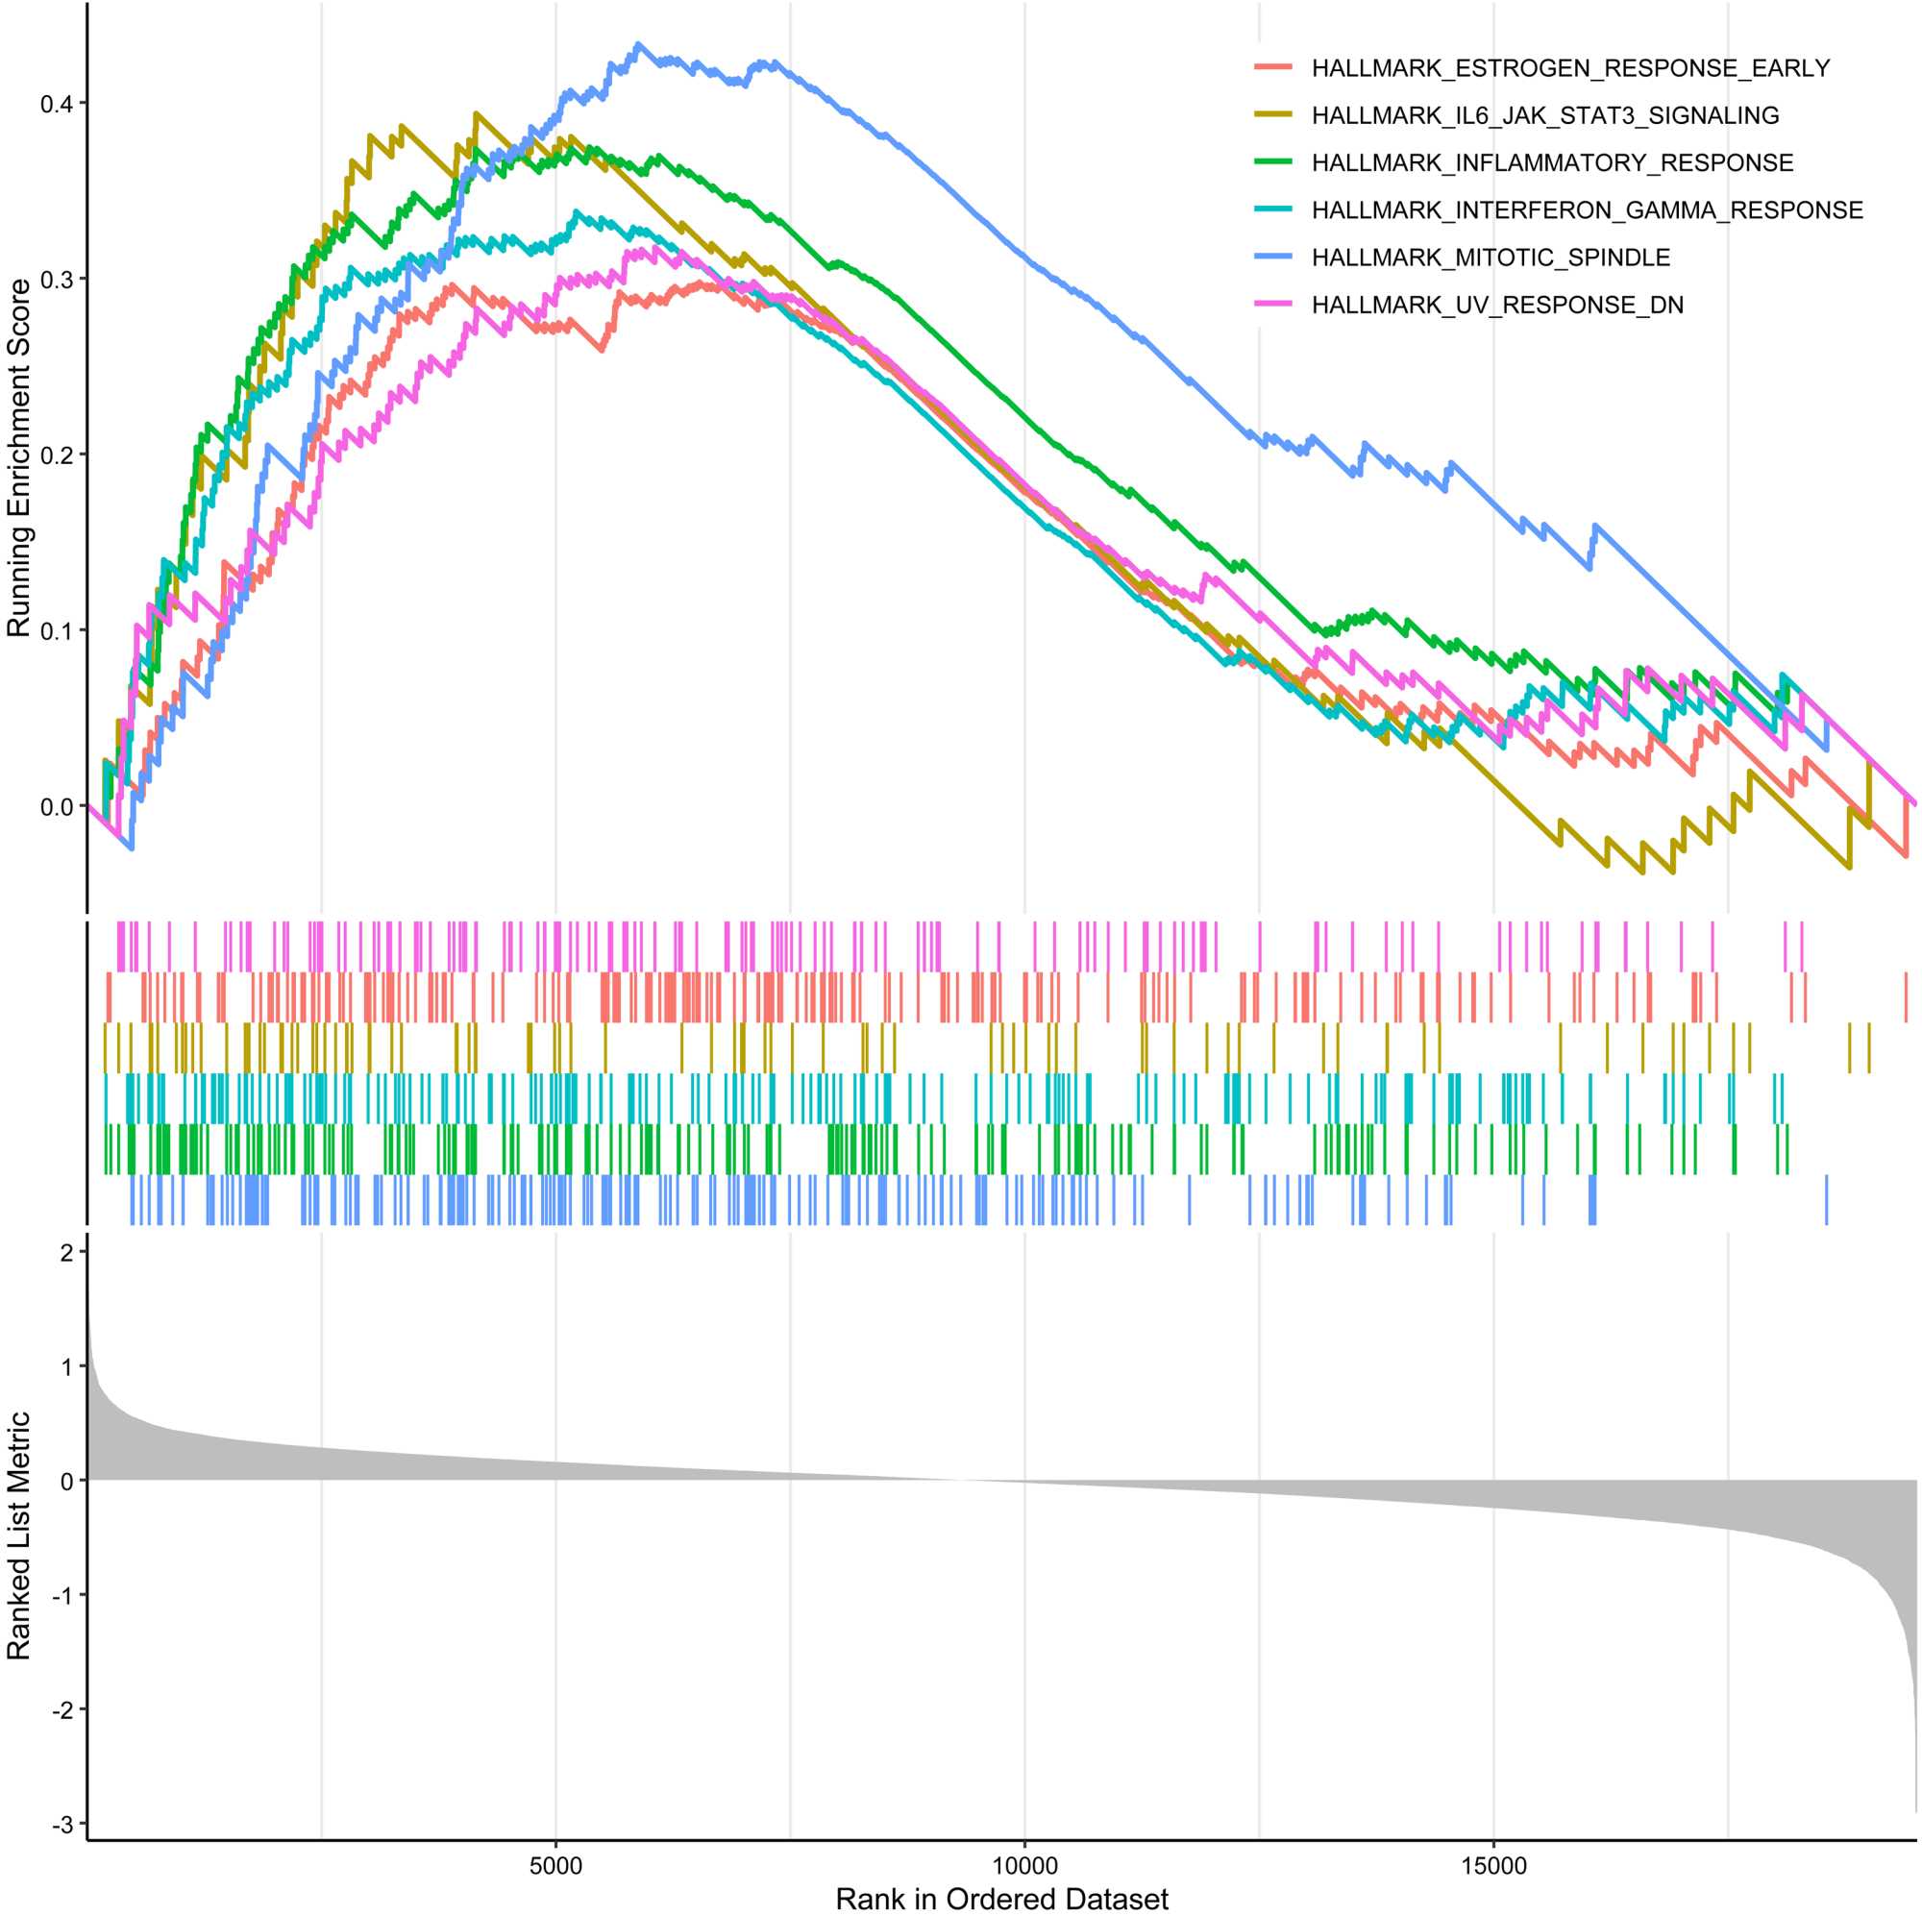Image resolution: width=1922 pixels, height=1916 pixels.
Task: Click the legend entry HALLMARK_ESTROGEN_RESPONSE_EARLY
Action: pyautogui.click(x=1570, y=68)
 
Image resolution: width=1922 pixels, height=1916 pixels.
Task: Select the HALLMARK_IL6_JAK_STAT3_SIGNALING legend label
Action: pyautogui.click(x=1545, y=115)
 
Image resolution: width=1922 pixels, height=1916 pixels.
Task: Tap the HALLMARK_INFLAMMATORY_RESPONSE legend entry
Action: pyautogui.click(x=1552, y=163)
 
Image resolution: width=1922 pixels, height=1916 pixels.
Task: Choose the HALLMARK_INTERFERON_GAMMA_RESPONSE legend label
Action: pyautogui.click(x=1587, y=209)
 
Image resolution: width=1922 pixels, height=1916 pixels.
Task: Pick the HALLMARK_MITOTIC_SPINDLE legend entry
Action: pyautogui.click(x=1491, y=258)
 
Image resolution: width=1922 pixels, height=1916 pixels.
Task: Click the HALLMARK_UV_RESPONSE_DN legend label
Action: pyautogui.click(x=1497, y=305)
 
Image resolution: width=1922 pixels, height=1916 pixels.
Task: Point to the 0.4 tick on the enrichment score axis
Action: pyautogui.click(x=57, y=104)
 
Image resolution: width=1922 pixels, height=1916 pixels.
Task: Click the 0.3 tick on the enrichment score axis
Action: pyautogui.click(x=57, y=279)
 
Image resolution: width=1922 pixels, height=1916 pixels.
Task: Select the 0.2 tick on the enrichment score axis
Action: pyautogui.click(x=57, y=454)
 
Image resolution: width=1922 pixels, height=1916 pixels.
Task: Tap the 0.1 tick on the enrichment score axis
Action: pyautogui.click(x=57, y=629)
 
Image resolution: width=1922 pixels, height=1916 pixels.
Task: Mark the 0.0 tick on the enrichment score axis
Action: pyautogui.click(x=57, y=806)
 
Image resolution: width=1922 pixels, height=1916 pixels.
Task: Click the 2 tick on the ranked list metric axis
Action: pyautogui.click(x=67, y=1252)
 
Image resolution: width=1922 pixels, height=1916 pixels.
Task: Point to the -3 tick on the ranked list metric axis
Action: pyautogui.click(x=63, y=1824)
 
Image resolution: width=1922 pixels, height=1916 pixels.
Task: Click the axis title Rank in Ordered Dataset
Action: pyautogui.click(x=1001, y=1898)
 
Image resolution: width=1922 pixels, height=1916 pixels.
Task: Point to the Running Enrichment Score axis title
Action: pyautogui.click(x=20, y=457)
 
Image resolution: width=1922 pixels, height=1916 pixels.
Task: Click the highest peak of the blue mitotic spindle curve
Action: pyautogui.click(x=638, y=44)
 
